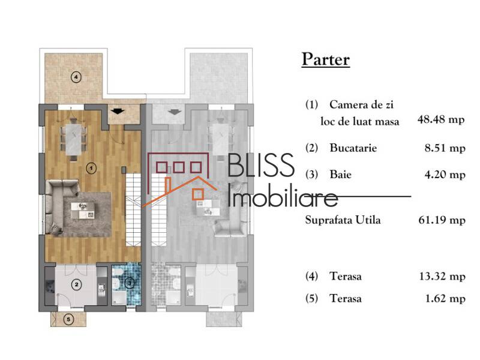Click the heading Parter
[325, 60]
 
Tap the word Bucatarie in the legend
[353, 148]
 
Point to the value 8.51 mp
[443, 148]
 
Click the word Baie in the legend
[340, 175]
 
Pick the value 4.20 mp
[443, 175]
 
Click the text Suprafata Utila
[343, 220]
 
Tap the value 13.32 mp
[441, 277]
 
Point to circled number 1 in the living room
[91, 169]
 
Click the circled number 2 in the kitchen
[77, 286]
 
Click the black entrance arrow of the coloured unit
[118, 111]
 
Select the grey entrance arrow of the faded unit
[175, 111]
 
